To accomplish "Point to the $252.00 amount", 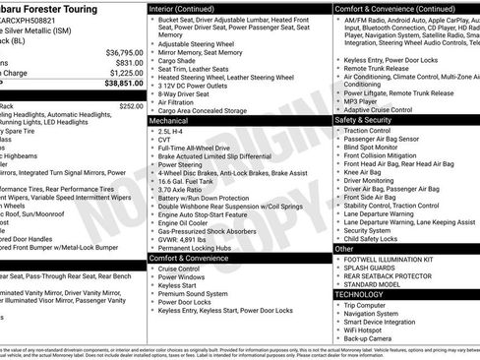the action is coord(131,105).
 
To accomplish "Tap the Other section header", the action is coord(344,249).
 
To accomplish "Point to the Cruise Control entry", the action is coord(180,268).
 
